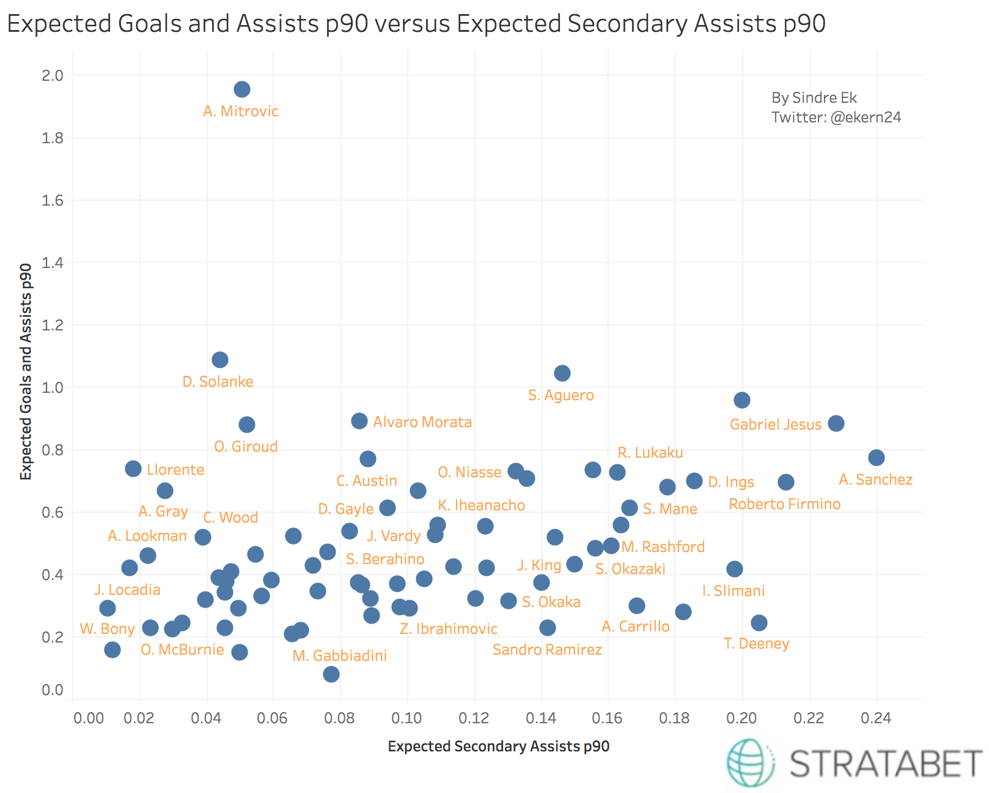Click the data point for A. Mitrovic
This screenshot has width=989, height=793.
coord(242,89)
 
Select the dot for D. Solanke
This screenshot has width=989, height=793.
coord(220,360)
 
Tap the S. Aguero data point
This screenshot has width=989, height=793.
coord(562,373)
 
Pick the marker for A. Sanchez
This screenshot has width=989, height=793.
coord(877,458)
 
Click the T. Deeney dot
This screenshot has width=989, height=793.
coord(759,623)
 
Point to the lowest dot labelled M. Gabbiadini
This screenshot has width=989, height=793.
coord(331,674)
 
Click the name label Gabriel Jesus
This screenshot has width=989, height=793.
coord(776,425)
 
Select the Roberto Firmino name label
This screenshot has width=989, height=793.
coord(785,504)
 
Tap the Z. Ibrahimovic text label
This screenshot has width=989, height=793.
coord(449,629)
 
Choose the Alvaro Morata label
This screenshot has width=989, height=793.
coord(422,422)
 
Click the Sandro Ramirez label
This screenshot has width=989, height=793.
coord(547,650)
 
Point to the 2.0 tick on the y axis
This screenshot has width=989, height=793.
coord(53,76)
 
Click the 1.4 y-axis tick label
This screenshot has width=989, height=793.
coord(53,263)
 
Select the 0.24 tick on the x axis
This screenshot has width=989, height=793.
coord(876,718)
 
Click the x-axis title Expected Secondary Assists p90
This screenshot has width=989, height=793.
coord(499,746)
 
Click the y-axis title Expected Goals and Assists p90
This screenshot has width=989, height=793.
coord(26,371)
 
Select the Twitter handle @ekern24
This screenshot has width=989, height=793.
coord(866,117)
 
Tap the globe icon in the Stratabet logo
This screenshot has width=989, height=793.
coord(749,762)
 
